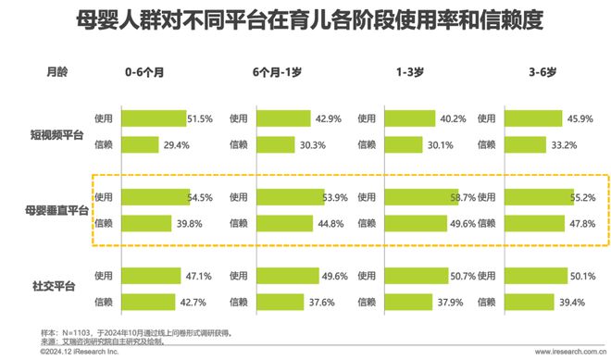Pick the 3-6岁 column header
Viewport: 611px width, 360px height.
click(x=534, y=71)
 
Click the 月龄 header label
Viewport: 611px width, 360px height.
click(x=57, y=71)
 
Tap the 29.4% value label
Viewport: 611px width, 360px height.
click(x=176, y=145)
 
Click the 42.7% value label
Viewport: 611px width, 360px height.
click(x=192, y=302)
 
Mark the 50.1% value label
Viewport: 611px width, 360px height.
click(x=581, y=276)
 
